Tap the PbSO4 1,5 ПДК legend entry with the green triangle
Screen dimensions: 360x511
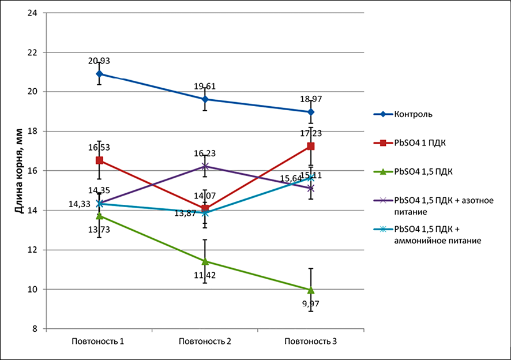422,171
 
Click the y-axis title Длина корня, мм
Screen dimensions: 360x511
18,171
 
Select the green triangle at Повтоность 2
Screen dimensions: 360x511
205,261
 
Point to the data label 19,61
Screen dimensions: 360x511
205,87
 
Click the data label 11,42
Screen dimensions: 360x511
205,275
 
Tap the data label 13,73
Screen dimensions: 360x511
99,230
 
